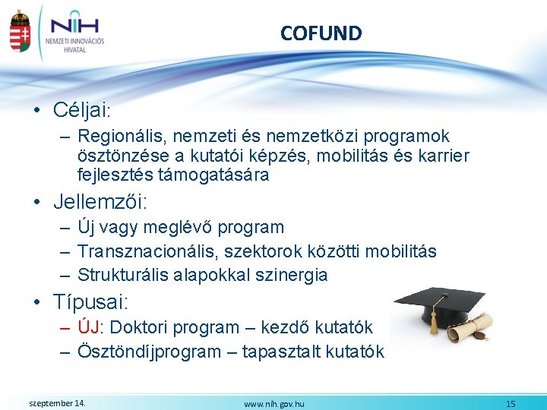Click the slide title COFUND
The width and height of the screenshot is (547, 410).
point(321,33)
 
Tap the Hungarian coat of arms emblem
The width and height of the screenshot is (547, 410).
point(20,32)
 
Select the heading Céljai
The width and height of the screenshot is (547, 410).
point(82,110)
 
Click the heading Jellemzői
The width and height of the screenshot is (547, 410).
point(100,202)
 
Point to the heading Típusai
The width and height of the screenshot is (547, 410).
point(91,301)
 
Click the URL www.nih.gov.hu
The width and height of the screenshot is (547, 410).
point(273,404)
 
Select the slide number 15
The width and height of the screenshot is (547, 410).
point(511,404)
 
